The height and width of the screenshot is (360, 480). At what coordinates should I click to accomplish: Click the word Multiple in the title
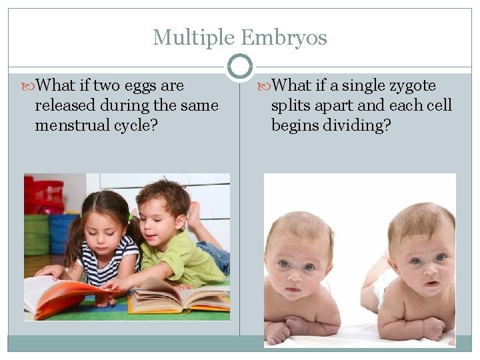194,37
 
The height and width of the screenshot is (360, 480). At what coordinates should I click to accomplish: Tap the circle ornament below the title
240,67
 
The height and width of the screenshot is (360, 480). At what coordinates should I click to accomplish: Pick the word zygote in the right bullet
409,86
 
